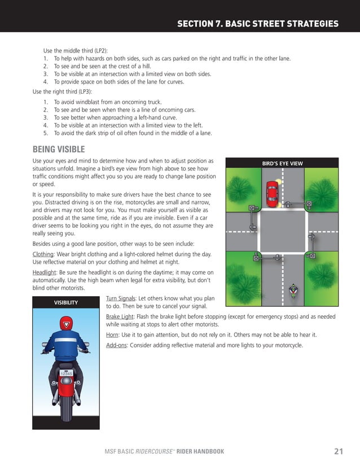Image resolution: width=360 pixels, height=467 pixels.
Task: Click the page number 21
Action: tap(339, 451)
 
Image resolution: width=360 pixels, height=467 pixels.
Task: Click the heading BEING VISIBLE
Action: tap(59, 149)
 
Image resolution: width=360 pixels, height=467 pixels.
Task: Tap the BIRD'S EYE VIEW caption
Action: tap(282, 164)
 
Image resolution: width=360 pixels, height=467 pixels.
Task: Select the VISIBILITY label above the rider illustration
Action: tap(66, 303)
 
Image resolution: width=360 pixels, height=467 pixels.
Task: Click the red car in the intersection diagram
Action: tap(272, 192)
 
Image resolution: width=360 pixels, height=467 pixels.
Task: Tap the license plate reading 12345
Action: tap(66, 373)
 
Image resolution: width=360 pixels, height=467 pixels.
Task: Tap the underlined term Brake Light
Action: tap(119, 317)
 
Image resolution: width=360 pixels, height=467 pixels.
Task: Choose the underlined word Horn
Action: tap(112, 334)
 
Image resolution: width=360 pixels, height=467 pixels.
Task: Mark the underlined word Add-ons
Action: tap(116, 345)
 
